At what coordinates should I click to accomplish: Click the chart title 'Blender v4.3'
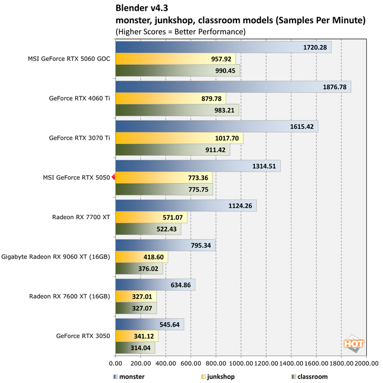(x=142, y=9)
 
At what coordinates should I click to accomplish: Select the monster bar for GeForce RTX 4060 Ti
(x=233, y=87)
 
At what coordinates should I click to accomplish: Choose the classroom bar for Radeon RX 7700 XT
(x=148, y=229)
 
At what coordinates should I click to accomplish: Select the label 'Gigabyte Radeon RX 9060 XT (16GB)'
(x=56, y=256)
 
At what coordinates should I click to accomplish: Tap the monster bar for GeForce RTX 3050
(x=150, y=324)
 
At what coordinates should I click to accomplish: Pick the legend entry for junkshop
(x=218, y=377)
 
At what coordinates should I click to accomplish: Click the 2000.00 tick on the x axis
(x=366, y=364)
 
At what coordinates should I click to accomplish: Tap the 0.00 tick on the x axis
(x=116, y=364)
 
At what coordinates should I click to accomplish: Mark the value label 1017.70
(x=226, y=138)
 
